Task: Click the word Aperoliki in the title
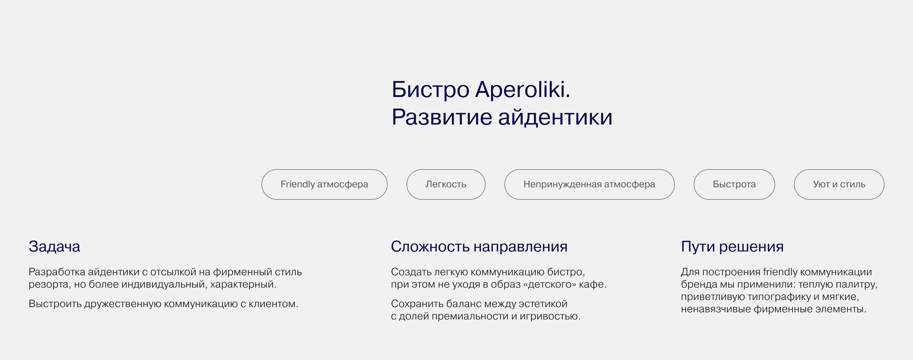pyautogui.click(x=522, y=90)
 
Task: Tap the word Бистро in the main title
pyautogui.click(x=430, y=90)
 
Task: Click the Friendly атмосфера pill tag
pyautogui.click(x=324, y=184)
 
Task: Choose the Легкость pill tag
pyautogui.click(x=445, y=184)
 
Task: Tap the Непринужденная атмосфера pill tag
pyautogui.click(x=589, y=184)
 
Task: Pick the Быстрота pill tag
pyautogui.click(x=734, y=184)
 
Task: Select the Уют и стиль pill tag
pyautogui.click(x=839, y=184)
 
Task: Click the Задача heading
pyautogui.click(x=54, y=247)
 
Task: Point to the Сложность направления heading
pyautogui.click(x=479, y=247)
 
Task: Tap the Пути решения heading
pyautogui.click(x=732, y=247)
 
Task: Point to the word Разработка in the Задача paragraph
pyautogui.click(x=57, y=272)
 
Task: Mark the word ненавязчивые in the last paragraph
pyautogui.click(x=716, y=309)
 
